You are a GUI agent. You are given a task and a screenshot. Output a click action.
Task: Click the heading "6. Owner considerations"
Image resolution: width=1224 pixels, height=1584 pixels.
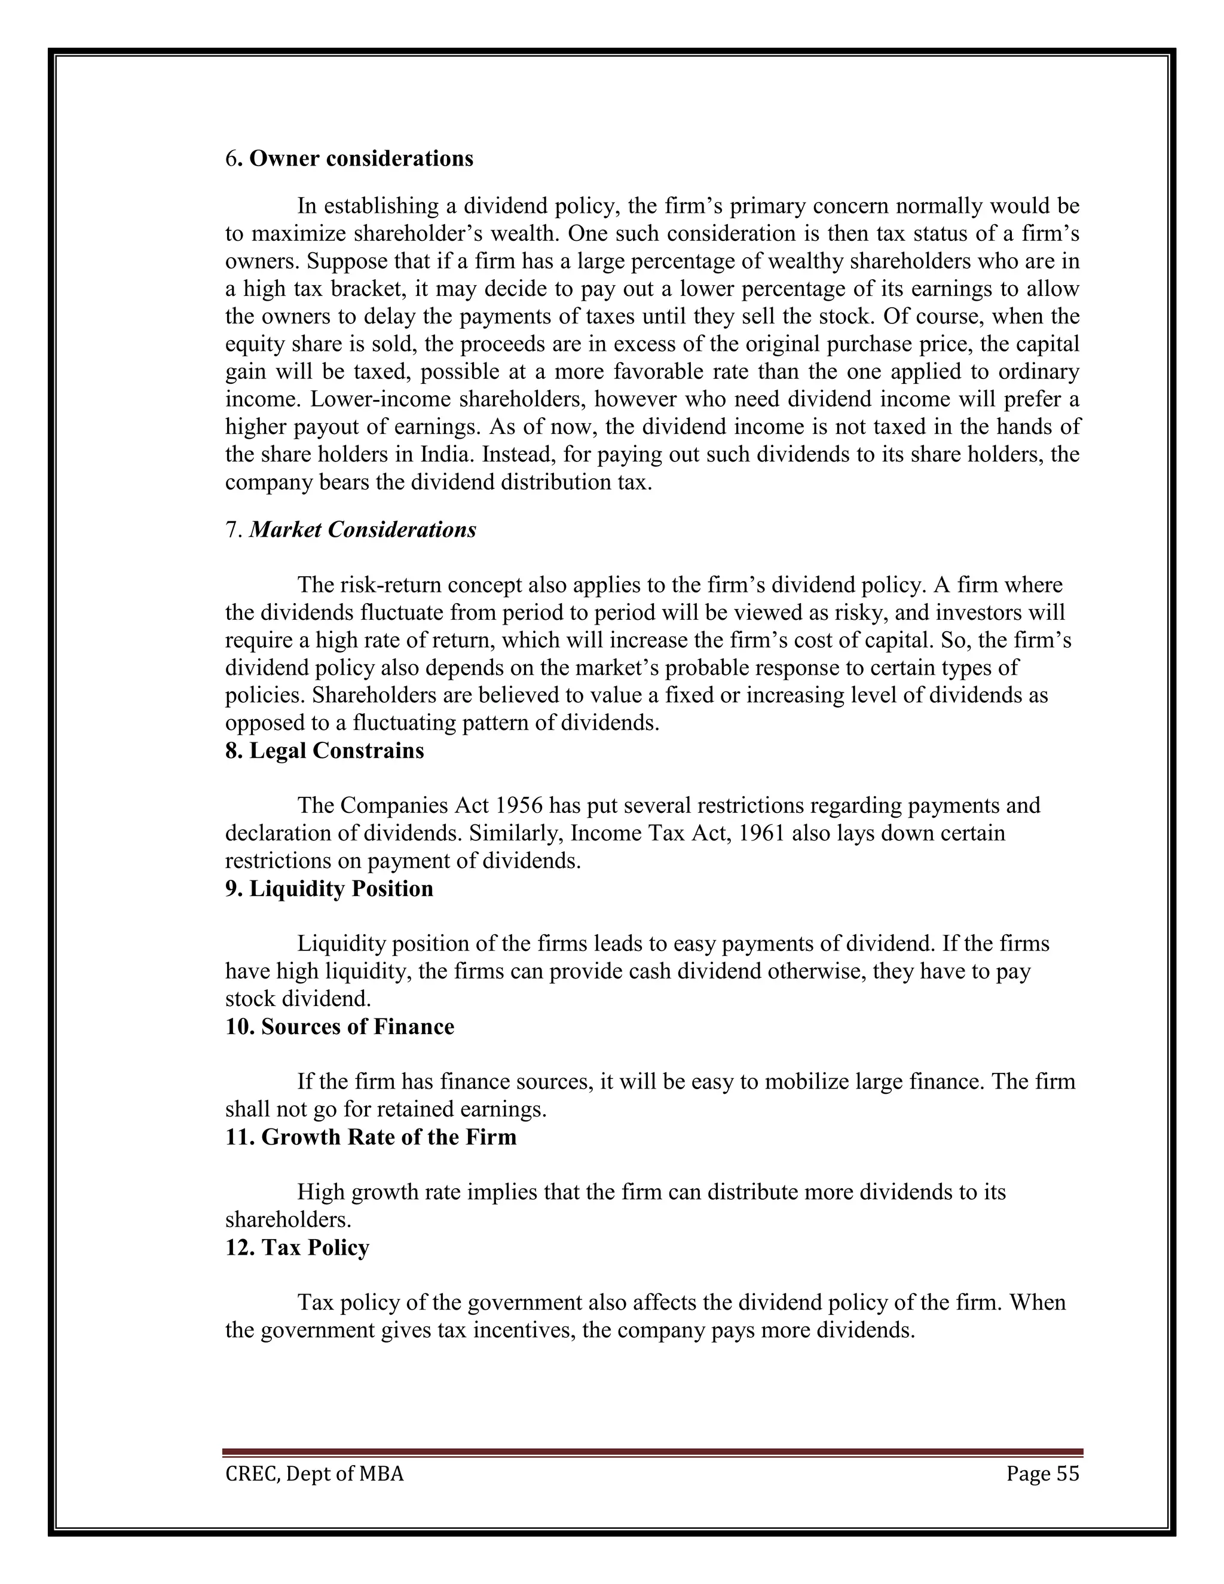[349, 159]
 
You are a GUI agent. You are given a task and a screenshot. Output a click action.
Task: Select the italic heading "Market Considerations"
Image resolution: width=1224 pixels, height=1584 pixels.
[363, 530]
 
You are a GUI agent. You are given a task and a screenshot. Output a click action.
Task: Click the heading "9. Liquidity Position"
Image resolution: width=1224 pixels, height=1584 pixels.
[329, 889]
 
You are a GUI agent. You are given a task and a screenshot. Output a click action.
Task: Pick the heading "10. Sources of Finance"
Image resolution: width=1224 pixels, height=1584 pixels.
[339, 1027]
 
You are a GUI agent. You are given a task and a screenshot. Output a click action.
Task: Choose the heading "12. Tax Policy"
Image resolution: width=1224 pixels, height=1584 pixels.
[297, 1247]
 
